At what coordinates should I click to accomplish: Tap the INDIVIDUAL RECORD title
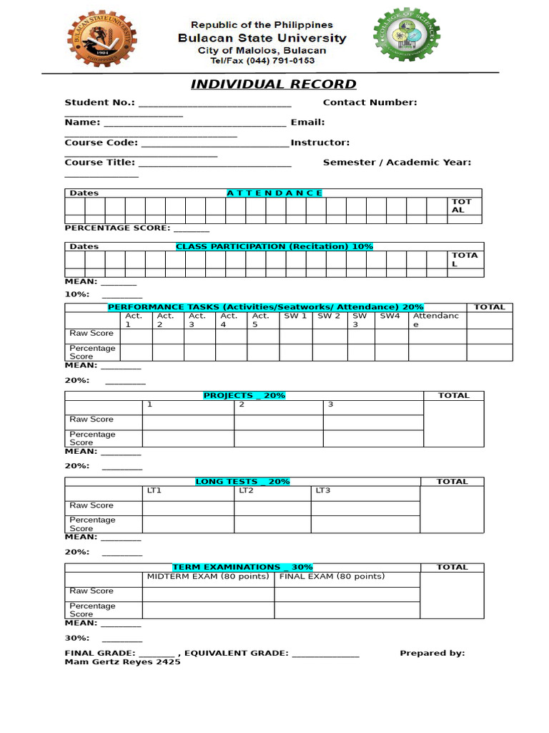(x=273, y=84)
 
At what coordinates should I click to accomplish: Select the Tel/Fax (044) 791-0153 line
(x=262, y=62)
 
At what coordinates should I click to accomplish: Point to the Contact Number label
(x=370, y=102)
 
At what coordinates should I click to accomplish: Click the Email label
(x=307, y=122)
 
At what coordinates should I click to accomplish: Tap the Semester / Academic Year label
(x=397, y=162)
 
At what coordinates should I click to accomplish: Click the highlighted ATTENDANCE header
(x=274, y=193)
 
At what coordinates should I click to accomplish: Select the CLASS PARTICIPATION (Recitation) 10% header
(x=274, y=246)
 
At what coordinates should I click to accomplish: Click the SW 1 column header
(x=295, y=316)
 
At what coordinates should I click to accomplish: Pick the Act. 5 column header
(x=261, y=320)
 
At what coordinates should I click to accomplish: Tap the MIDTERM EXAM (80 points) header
(x=208, y=576)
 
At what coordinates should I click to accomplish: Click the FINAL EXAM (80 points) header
(x=332, y=576)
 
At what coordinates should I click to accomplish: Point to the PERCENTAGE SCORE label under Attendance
(x=117, y=228)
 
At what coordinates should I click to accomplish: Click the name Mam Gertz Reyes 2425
(x=122, y=662)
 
